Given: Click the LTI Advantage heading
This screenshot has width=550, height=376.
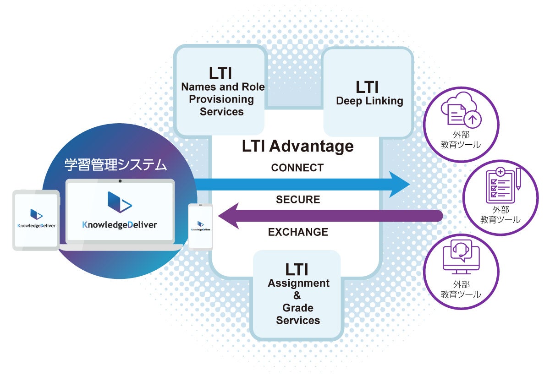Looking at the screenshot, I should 297,146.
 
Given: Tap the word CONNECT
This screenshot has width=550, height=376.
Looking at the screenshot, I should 297,168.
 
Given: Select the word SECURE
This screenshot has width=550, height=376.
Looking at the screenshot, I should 298,200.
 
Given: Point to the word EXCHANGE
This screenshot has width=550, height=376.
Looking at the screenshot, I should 298,232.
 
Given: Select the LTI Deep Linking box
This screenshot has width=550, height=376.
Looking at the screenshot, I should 369,94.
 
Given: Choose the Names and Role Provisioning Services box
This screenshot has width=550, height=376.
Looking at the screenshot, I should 221,92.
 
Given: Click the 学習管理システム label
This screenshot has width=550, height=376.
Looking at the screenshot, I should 115,165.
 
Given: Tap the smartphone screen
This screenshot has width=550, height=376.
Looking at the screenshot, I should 201,227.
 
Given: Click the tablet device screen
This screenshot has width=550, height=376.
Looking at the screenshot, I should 36,220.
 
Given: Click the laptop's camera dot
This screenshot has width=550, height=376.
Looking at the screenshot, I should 120,180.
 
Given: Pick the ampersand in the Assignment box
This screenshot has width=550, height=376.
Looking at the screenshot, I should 297,295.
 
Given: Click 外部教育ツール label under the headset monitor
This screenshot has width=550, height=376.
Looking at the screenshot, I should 461,290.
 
